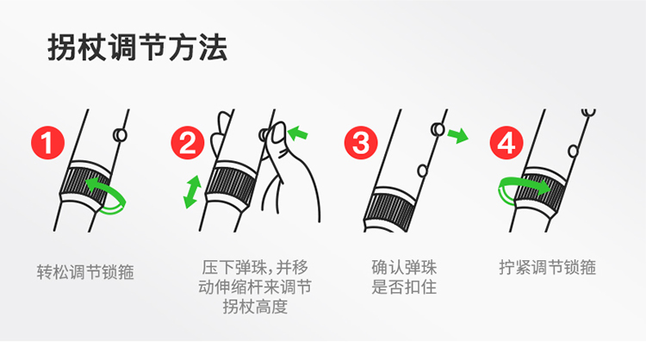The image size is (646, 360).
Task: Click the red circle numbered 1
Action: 47,142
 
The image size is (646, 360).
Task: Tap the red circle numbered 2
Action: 188,142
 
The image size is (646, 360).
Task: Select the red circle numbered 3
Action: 361,142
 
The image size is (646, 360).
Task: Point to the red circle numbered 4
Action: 506,142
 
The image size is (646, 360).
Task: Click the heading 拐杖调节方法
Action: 137,47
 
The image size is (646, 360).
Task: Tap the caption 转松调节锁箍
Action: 85,272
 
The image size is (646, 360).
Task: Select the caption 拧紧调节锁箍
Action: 548,267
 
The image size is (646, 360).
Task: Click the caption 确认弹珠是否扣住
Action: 404,277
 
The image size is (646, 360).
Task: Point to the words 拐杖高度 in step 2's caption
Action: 255,307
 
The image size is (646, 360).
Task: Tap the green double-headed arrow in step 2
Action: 192,192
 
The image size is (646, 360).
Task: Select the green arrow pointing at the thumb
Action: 297,133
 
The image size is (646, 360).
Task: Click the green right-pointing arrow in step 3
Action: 458,135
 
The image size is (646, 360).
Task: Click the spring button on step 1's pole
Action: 120,134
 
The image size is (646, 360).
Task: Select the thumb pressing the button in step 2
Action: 278,133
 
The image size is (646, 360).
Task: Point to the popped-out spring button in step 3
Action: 438,130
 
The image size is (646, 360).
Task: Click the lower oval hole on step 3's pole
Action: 422,171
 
